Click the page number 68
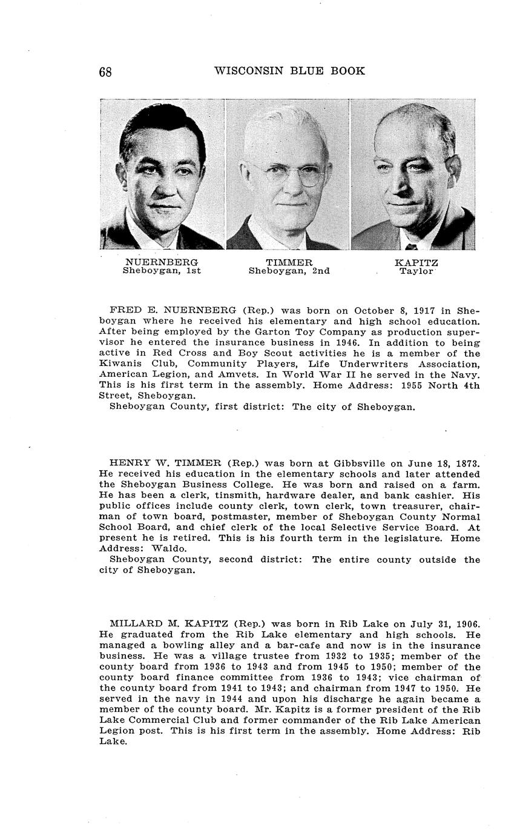105,71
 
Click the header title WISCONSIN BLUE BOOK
289,71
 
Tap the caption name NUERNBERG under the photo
162,262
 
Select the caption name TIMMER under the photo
289,262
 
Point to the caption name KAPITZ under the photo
416,262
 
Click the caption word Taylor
416,271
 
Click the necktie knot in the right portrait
411,247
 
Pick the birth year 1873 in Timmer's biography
466,463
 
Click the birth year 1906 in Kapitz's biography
466,623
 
